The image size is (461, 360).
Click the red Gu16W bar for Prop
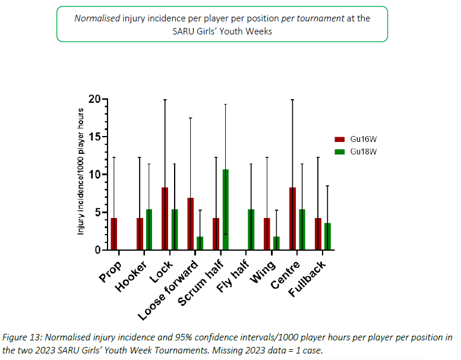114,234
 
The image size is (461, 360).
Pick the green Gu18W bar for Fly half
251,230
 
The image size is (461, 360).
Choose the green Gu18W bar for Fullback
327,236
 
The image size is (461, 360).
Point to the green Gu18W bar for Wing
276,244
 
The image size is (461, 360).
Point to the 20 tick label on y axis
94,99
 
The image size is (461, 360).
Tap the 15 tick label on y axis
94,137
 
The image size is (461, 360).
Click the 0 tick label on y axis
97,250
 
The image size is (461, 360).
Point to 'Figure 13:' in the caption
22,337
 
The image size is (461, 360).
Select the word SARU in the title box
184,31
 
